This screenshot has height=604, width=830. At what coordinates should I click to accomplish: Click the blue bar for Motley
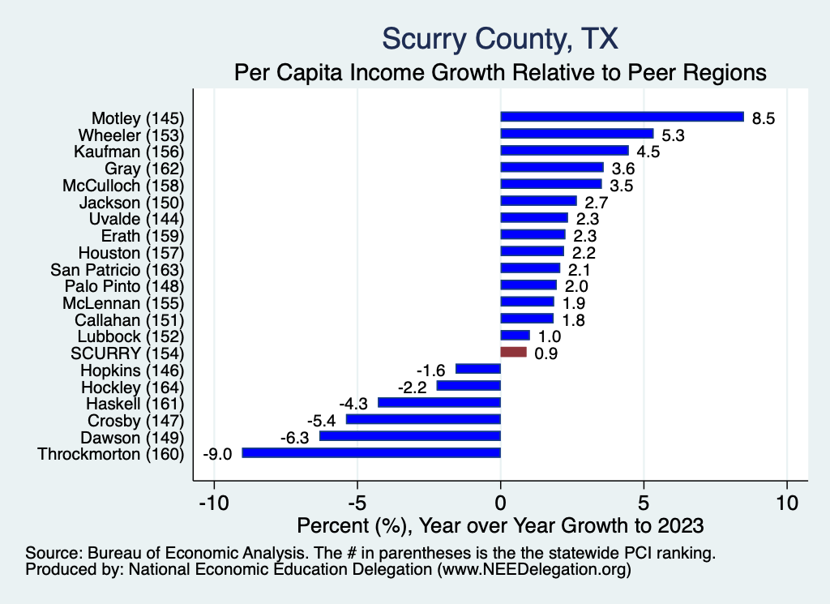[622, 117]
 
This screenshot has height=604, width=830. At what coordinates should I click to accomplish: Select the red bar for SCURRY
[513, 353]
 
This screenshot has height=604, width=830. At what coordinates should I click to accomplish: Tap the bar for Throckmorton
[371, 452]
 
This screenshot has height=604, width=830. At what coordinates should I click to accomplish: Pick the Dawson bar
[410, 436]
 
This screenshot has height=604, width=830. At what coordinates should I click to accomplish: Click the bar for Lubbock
[515, 336]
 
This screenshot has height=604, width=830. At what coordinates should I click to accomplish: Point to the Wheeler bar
[576, 134]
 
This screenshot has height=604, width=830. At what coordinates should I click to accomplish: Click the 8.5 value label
[764, 118]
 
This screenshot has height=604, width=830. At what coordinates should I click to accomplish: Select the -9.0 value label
[216, 454]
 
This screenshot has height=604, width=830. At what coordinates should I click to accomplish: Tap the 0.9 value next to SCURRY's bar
[545, 353]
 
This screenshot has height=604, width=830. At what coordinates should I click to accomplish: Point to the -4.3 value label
[353, 403]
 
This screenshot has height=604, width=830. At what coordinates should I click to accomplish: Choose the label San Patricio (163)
[118, 269]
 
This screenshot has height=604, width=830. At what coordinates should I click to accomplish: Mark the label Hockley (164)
[133, 387]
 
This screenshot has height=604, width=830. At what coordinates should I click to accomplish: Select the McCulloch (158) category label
[123, 185]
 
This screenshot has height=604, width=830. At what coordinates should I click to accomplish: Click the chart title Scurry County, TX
[500, 38]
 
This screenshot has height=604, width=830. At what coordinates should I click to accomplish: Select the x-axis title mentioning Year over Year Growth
[501, 525]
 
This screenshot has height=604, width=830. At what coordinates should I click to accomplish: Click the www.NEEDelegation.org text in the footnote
[533, 570]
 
